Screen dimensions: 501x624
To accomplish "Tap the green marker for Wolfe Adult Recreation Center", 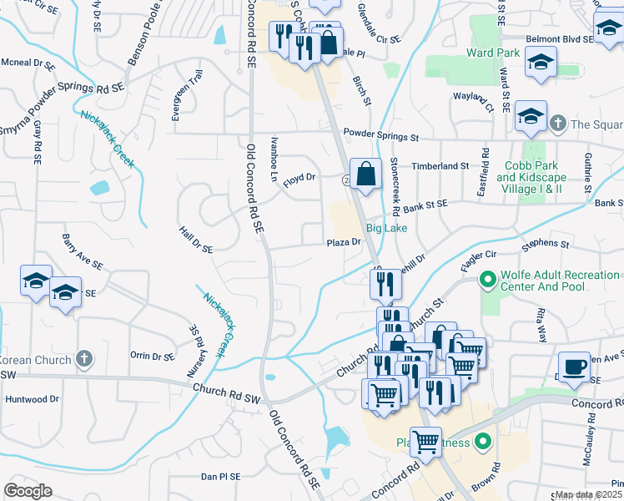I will (x=486, y=281).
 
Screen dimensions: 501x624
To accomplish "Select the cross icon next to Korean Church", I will (x=83, y=359).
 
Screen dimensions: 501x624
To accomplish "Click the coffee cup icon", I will (x=572, y=367).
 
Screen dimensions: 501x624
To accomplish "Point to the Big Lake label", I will (x=386, y=227).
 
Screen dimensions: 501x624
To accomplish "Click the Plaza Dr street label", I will (x=343, y=242).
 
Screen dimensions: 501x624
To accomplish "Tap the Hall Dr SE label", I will (x=196, y=238).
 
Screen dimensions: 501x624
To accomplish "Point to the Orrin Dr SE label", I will (x=152, y=355).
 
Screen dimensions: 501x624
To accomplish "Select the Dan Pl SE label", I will (x=220, y=477).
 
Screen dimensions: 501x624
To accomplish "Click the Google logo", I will (x=28, y=491).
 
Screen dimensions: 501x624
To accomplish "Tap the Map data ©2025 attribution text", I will (x=589, y=495).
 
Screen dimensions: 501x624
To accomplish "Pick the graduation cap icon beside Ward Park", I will (x=541, y=63).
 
